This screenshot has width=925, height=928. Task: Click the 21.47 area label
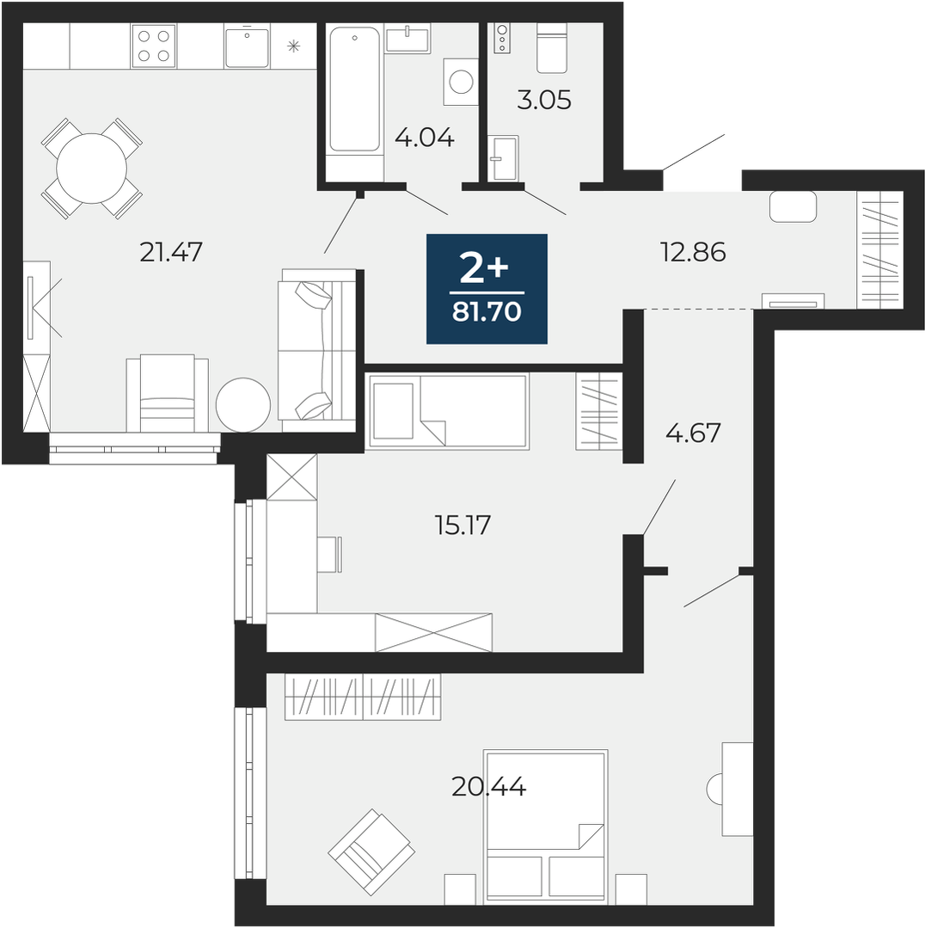tap(171, 252)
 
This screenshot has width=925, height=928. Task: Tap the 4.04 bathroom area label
tap(425, 138)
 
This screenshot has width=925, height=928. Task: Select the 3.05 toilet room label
tap(544, 100)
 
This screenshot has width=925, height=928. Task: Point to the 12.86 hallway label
tap(693, 252)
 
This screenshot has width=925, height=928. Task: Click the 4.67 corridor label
tap(693, 433)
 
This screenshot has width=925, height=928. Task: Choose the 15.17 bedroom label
tap(463, 525)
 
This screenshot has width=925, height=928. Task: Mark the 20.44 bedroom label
tap(488, 787)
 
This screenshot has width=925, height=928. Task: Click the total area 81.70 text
tap(487, 311)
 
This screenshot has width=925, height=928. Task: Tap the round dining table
tap(92, 169)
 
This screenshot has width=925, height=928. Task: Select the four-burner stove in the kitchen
tap(154, 46)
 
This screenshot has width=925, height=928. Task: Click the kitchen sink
tap(247, 46)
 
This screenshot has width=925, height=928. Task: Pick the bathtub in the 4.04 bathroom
tap(354, 89)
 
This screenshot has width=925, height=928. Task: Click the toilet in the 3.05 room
tap(552, 48)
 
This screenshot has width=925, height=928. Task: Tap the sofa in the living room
tap(317, 350)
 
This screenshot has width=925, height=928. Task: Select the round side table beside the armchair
tap(243, 406)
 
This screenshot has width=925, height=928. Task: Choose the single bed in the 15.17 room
tap(448, 411)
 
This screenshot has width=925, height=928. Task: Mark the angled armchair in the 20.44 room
tap(372, 851)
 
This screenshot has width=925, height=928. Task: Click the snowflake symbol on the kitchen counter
tap(294, 46)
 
